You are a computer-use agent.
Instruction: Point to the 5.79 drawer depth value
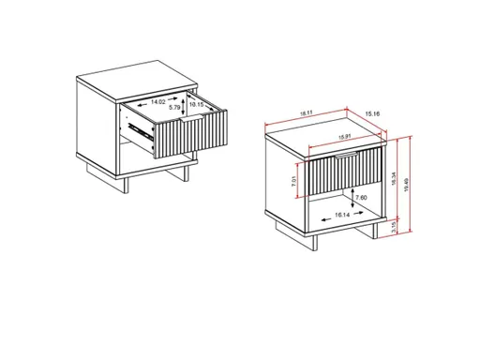pyautogui.click(x=174, y=109)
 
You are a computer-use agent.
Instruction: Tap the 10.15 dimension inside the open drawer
pyautogui.click(x=197, y=104)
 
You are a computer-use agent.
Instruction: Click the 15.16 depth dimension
pyautogui.click(x=372, y=115)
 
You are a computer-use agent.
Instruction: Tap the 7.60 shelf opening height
pyautogui.click(x=360, y=198)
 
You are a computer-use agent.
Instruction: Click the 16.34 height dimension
pyautogui.click(x=397, y=175)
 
